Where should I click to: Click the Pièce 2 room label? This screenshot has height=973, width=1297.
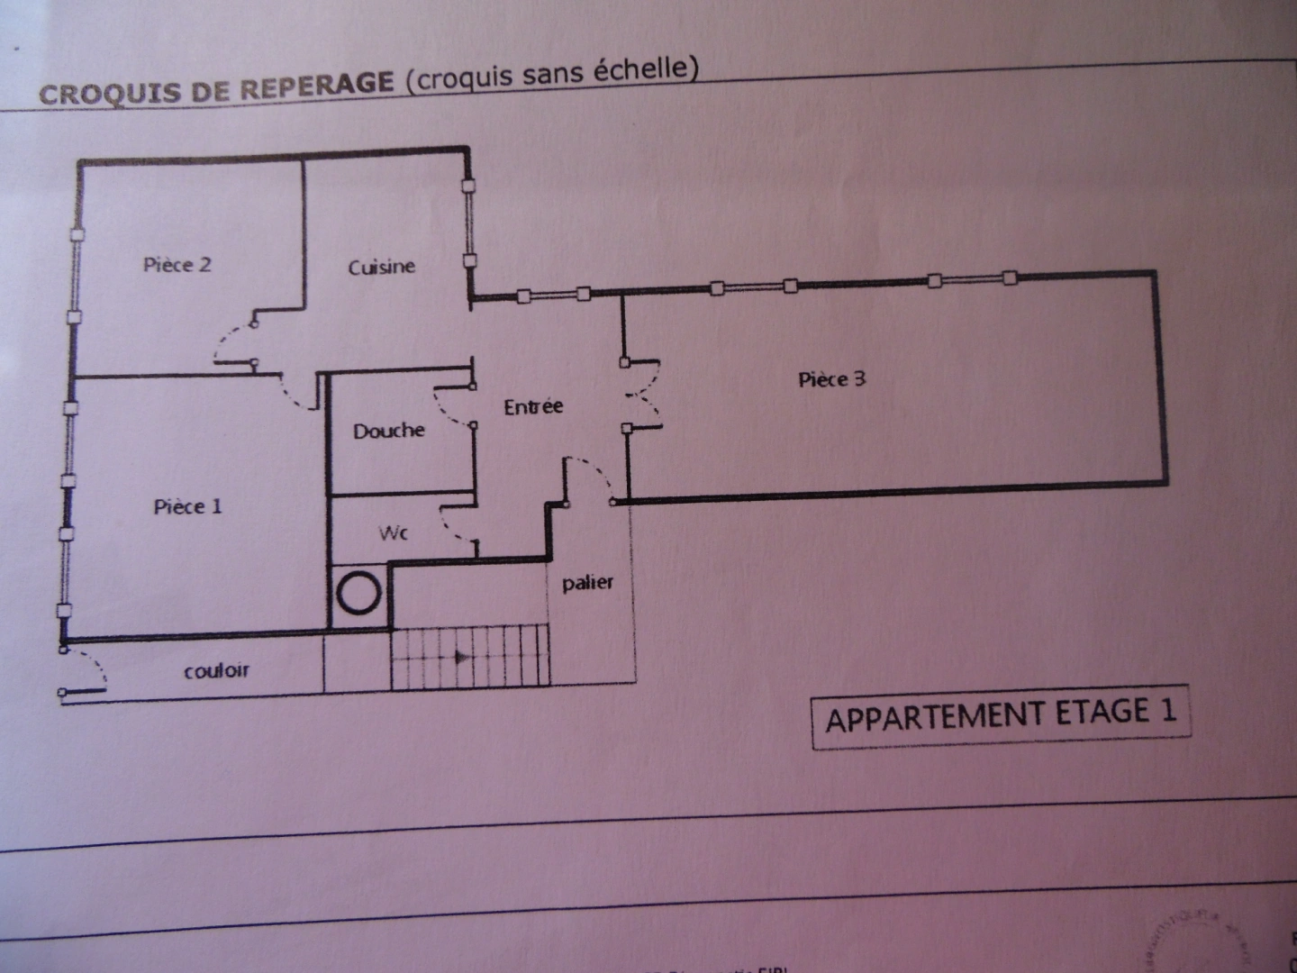pyautogui.click(x=177, y=264)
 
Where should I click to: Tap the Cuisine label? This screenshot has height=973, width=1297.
pyautogui.click(x=381, y=267)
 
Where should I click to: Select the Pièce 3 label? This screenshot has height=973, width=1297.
pyautogui.click(x=831, y=379)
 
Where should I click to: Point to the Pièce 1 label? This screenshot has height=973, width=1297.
pyautogui.click(x=187, y=506)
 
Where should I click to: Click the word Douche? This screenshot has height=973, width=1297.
pyautogui.click(x=388, y=431)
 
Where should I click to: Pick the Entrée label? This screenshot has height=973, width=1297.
pyautogui.click(x=533, y=407)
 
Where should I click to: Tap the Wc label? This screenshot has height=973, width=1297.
pyautogui.click(x=394, y=533)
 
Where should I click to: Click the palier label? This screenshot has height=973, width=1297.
pyautogui.click(x=587, y=583)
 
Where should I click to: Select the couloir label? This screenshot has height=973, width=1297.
pyautogui.click(x=216, y=670)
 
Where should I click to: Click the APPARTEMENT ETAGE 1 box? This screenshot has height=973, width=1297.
pyautogui.click(x=1001, y=716)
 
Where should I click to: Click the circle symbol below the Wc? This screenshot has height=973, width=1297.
pyautogui.click(x=358, y=594)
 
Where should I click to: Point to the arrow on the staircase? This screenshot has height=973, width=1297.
pyautogui.click(x=463, y=658)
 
